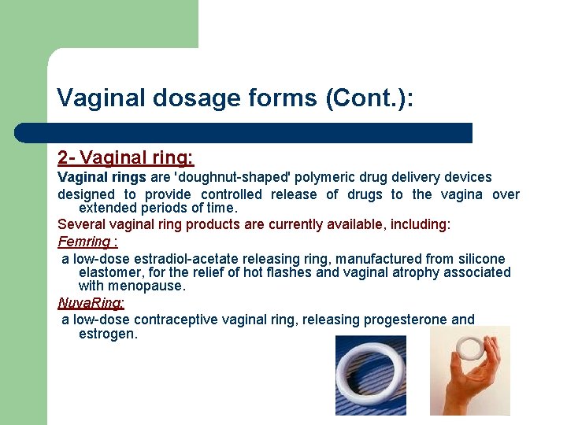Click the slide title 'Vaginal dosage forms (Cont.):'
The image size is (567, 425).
235,98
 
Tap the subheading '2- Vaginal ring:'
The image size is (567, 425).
125,157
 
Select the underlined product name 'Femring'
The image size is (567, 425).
83,242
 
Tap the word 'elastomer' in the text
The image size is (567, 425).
109,273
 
